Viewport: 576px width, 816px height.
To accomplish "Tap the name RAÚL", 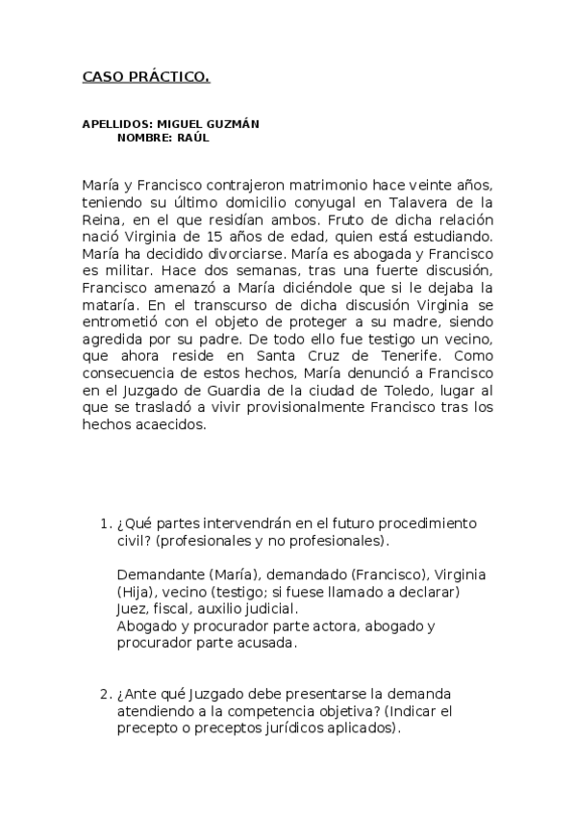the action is click(x=192, y=138).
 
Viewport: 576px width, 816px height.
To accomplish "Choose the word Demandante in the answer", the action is click(x=159, y=574).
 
